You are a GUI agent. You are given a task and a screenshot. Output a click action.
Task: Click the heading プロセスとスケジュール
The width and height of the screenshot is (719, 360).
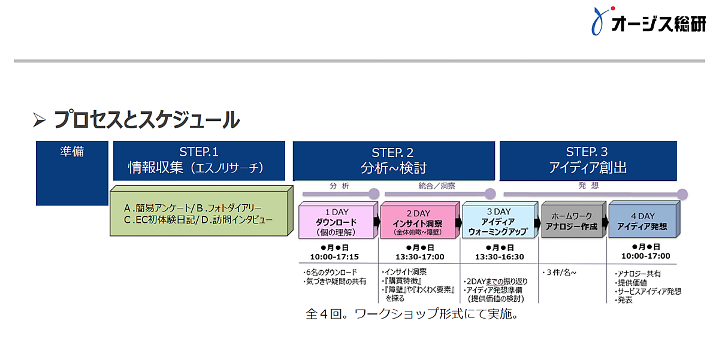click(146, 120)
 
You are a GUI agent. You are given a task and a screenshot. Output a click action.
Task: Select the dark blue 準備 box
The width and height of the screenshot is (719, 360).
click(72, 173)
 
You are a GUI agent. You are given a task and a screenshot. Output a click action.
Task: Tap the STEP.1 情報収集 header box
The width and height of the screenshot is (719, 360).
click(198, 161)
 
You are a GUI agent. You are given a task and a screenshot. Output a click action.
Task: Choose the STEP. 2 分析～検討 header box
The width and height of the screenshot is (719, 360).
click(393, 161)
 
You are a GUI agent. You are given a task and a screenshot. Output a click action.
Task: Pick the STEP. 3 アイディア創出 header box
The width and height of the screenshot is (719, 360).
click(587, 161)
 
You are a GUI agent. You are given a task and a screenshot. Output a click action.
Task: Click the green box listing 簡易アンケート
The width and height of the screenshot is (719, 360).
click(198, 213)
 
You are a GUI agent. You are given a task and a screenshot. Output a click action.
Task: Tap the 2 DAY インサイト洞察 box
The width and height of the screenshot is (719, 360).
click(418, 222)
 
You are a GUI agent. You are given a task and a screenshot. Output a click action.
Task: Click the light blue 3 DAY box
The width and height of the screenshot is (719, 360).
click(499, 222)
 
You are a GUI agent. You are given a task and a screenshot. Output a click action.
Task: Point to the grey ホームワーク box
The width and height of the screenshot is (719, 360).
click(572, 221)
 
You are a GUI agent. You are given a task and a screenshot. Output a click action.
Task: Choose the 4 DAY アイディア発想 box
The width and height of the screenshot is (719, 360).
click(642, 221)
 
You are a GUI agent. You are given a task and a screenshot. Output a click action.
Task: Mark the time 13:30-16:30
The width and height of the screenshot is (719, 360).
click(499, 256)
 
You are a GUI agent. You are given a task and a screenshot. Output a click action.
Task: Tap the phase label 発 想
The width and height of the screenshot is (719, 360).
click(588, 186)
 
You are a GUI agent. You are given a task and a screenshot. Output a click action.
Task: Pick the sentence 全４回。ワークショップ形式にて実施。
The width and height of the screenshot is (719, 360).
click(411, 313)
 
